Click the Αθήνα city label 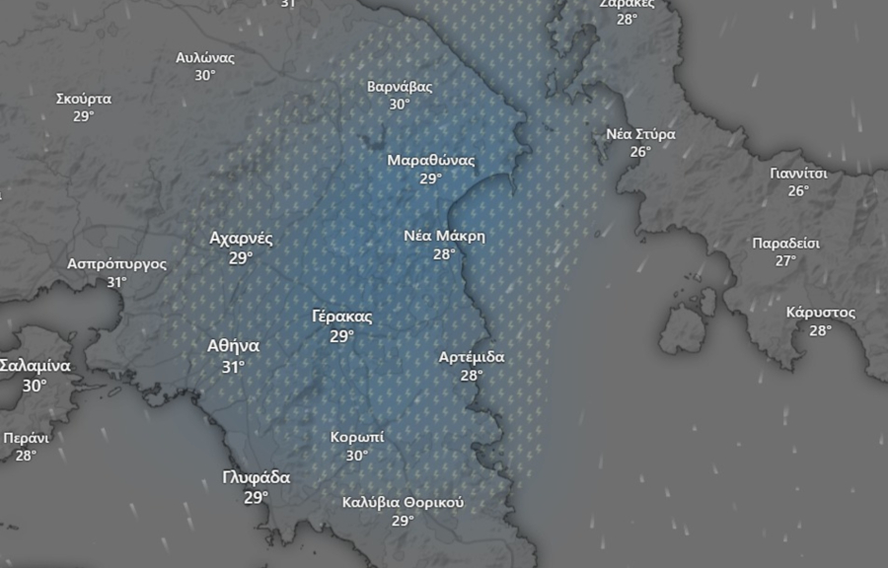[233, 346]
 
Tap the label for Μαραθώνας [431, 160]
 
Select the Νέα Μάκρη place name [445, 236]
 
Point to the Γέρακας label [341, 317]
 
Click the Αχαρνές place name [241, 238]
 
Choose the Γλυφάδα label [257, 478]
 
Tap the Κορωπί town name [357, 437]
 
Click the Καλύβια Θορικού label [403, 502]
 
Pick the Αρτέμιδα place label [472, 357]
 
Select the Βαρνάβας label [400, 86]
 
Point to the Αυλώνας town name [205, 57]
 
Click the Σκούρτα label [84, 99]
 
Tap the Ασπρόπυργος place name [116, 263]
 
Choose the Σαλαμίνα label [35, 366]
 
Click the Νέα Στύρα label [641, 133]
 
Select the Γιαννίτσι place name [798, 173]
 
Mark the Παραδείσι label [785, 243]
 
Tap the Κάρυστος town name [820, 313]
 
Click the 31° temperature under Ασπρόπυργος [116, 282]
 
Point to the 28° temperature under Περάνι [26, 456]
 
